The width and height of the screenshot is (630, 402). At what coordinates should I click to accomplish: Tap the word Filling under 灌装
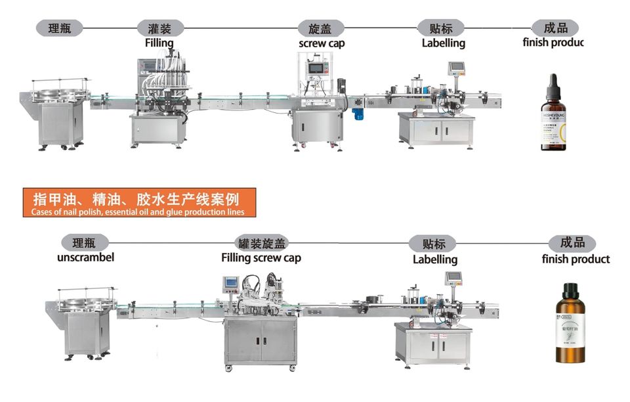pyautogui.click(x=159, y=43)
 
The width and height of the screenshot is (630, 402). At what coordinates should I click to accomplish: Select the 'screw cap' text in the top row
pyautogui.click(x=322, y=43)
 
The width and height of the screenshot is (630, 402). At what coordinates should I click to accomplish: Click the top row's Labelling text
pyautogui.click(x=443, y=43)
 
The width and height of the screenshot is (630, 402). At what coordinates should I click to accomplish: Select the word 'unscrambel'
pyautogui.click(x=85, y=257)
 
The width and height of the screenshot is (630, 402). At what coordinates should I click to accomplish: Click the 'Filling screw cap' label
pyautogui.click(x=261, y=257)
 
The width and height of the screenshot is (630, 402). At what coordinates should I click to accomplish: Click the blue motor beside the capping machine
pyautogui.click(x=358, y=114)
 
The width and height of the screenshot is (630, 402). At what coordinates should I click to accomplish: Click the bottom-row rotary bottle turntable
pyautogui.click(x=81, y=303)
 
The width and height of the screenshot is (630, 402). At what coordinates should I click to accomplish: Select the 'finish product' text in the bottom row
pyautogui.click(x=576, y=259)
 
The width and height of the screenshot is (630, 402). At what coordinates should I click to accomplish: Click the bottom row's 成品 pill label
pyautogui.click(x=572, y=243)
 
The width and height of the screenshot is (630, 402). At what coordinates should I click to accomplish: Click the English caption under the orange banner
pyautogui.click(x=137, y=212)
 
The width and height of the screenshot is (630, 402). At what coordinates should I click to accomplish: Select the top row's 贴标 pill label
pyautogui.click(x=440, y=28)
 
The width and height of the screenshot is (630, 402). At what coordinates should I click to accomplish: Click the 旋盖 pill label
pyautogui.click(x=322, y=29)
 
